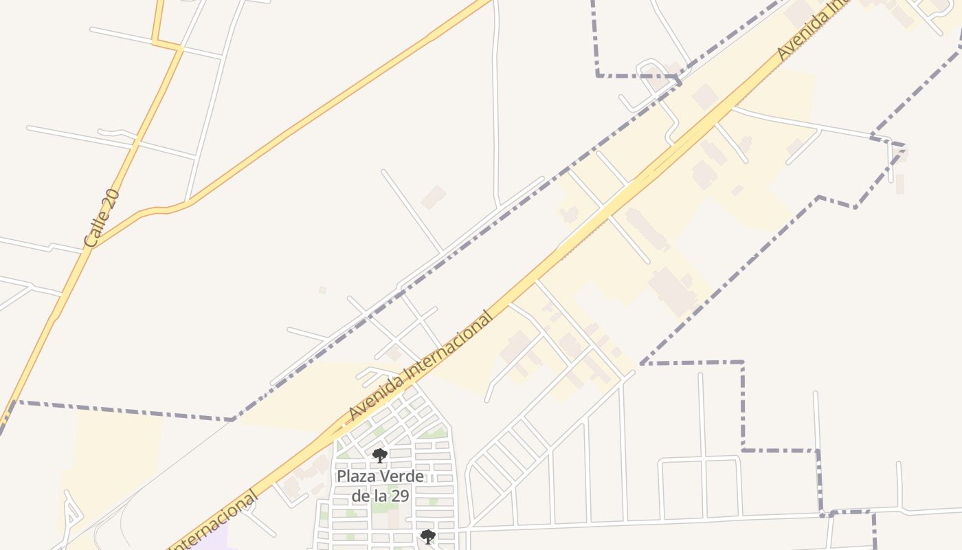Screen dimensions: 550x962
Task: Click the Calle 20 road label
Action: [x=102, y=219]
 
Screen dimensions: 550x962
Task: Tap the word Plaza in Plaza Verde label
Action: [x=355, y=476]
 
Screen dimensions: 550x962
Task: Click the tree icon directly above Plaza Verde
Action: [x=379, y=455]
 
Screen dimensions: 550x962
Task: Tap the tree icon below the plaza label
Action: [x=427, y=536]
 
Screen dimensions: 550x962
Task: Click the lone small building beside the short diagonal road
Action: [x=434, y=197]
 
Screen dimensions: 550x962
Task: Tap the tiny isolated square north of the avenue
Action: [x=322, y=290]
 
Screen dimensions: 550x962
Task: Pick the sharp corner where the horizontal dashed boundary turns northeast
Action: [x=233, y=419]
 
